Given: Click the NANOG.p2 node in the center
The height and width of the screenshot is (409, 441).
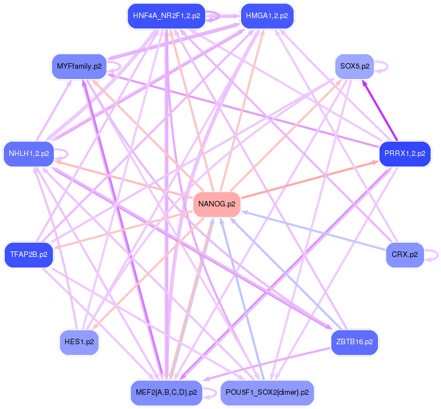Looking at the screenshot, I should tap(217, 204).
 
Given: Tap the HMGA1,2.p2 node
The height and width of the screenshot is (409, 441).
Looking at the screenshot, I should tap(267, 16).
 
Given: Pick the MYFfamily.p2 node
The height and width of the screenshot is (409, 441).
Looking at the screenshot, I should tap(79, 66).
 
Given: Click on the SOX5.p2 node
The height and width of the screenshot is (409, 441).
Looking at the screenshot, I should tap(354, 66).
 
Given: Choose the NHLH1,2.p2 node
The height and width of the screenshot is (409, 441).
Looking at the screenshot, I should tap(28, 154).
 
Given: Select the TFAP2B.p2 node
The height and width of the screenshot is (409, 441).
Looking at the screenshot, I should tap(28, 255).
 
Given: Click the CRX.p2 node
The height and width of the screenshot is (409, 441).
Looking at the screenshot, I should tap(405, 255).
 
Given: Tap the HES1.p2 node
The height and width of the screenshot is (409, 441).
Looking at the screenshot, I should tap(79, 341).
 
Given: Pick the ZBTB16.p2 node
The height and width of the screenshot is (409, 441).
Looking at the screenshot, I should tap(354, 341).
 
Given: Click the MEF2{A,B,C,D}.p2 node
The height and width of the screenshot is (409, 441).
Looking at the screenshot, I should tap(166, 393).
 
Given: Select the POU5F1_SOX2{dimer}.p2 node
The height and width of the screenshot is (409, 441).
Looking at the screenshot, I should tap(267, 393).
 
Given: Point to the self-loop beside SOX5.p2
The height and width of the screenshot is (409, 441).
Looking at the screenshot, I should tap(383, 66).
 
